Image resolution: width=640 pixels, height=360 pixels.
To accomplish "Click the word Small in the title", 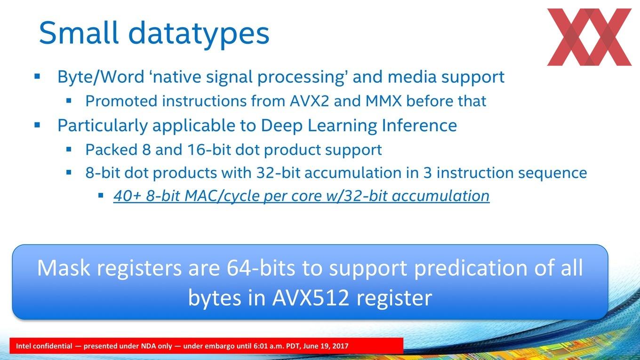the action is [79, 32].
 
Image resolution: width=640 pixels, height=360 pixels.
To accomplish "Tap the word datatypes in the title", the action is [199, 34].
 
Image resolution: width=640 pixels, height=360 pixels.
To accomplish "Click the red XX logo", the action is [589, 37].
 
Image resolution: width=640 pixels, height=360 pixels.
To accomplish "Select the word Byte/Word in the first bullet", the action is [101, 77].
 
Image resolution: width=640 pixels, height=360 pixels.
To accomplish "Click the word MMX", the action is [384, 101].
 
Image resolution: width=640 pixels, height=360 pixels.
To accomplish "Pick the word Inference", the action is [419, 125].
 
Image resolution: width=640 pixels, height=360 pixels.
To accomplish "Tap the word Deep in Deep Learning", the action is [282, 126].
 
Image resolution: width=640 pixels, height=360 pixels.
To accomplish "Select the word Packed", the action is [112, 150].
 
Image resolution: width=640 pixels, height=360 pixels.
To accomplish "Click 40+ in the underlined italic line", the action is [128, 196].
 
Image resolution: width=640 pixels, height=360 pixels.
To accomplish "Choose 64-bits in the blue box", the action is [261, 268].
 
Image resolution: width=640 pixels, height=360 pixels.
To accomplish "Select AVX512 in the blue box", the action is [311, 298].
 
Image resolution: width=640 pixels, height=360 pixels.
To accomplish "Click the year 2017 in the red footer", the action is [341, 346].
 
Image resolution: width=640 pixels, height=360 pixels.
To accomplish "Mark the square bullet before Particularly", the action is [37, 125].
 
